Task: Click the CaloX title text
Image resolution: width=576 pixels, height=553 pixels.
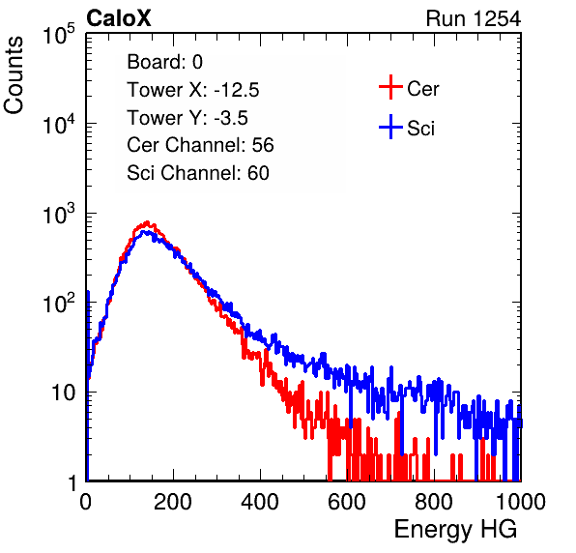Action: [119, 18]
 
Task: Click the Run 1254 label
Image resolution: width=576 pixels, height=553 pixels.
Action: [474, 18]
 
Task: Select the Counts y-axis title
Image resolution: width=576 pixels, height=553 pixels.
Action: [14, 75]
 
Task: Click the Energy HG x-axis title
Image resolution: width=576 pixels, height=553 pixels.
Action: [455, 529]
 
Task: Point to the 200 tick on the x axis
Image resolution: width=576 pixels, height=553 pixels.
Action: [173, 502]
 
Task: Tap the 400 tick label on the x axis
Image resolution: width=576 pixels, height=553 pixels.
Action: [260, 502]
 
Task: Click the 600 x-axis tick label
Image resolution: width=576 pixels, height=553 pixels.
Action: [347, 502]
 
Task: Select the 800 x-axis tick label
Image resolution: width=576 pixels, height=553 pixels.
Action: [434, 502]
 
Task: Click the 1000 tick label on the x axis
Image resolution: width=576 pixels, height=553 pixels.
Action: [521, 502]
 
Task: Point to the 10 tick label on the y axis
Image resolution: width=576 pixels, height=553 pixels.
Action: [65, 393]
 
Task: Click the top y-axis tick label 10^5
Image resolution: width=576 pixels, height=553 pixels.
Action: [59, 35]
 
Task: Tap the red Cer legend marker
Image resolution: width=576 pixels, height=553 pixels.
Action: [390, 87]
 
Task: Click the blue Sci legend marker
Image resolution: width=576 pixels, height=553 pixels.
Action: [390, 128]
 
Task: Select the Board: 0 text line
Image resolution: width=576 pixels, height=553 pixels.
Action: [165, 62]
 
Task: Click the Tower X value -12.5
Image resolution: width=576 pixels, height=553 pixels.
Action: [237, 90]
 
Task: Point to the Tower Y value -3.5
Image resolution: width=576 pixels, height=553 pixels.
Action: [231, 118]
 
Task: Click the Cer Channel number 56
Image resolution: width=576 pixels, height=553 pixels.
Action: [263, 145]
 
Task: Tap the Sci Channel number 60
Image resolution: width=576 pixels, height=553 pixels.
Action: [258, 173]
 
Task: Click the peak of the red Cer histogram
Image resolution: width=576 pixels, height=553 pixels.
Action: [147, 222]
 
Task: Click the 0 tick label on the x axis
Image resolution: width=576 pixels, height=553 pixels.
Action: [86, 502]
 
